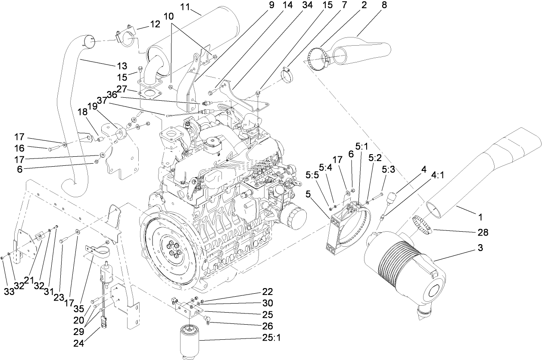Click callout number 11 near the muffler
pos(185,6)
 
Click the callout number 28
pos(483,233)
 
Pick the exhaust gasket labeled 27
pos(149,92)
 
